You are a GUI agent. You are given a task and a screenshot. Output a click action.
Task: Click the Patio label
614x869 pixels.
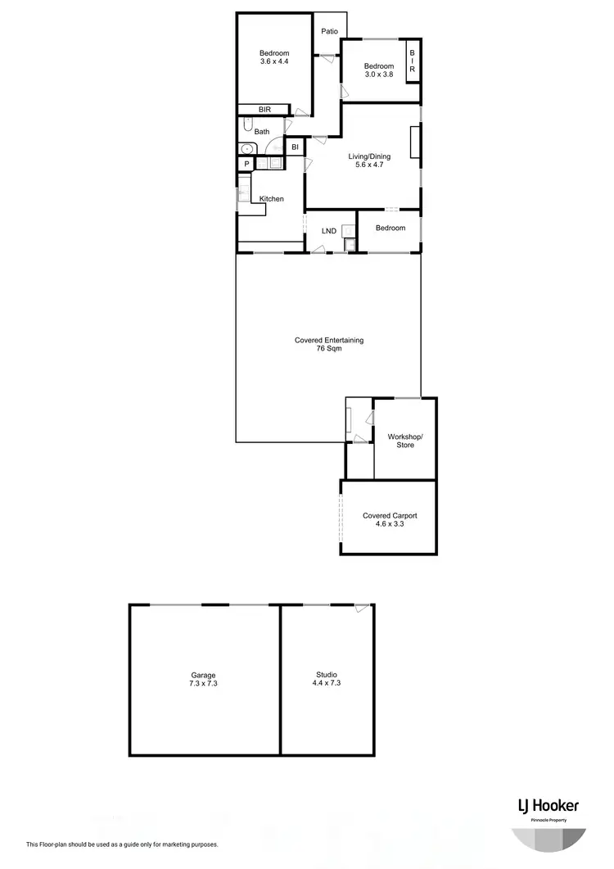click(x=330, y=32)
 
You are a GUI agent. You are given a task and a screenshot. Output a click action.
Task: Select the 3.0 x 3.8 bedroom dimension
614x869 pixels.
click(x=379, y=75)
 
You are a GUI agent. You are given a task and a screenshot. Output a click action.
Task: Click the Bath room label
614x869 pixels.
click(x=262, y=131)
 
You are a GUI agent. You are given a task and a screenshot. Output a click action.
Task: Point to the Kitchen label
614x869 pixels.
click(x=272, y=199)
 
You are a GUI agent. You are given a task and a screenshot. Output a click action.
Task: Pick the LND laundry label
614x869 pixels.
click(x=329, y=230)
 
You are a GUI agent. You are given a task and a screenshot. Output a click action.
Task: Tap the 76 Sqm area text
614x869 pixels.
click(x=329, y=349)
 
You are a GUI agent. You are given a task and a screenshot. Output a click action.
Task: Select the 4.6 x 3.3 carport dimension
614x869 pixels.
click(x=390, y=523)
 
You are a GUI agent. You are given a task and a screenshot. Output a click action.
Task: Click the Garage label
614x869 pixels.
click(x=204, y=676)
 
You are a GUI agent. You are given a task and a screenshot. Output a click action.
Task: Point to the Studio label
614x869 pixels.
click(x=327, y=676)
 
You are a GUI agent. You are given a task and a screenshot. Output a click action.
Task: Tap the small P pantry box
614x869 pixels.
click(x=246, y=165)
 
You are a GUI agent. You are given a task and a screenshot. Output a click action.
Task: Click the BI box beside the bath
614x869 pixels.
click(x=296, y=147)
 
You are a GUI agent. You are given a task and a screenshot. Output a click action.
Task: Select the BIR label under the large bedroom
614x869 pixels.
click(x=264, y=109)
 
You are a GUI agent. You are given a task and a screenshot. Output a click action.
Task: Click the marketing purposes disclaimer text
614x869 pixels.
click(x=122, y=844)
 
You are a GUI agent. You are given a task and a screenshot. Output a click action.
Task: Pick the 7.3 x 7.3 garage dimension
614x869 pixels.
click(x=204, y=684)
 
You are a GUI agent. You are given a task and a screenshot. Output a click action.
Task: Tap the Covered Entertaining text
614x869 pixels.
click(x=329, y=341)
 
